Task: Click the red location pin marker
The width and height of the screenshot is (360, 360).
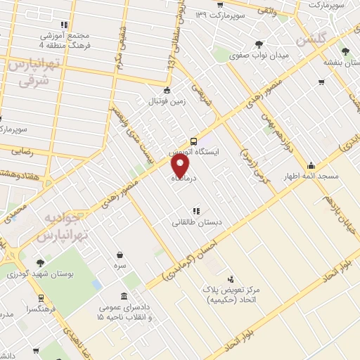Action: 181,165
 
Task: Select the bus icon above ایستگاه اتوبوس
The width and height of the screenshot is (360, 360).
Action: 194,141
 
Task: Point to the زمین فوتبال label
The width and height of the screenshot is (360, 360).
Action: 167,101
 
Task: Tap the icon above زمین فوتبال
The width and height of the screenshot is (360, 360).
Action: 167,90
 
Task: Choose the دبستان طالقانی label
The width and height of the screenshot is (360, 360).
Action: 198,222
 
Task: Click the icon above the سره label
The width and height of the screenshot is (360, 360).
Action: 120,256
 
